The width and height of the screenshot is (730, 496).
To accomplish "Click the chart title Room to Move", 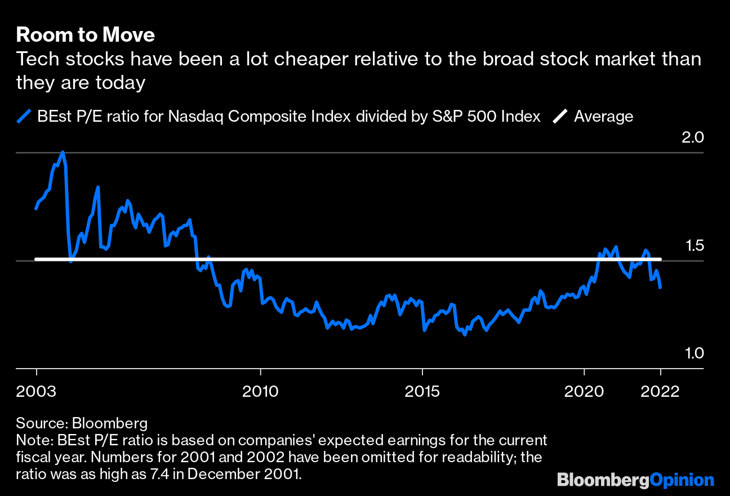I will coord(85,35).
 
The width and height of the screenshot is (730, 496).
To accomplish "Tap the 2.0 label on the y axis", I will coord(693,137).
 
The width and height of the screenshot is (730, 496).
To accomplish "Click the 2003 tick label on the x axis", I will coord(37,392).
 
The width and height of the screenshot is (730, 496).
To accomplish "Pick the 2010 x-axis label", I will coord(260,392).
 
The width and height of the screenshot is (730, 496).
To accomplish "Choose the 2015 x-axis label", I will coord(422,392).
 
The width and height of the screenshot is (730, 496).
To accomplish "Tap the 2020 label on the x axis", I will coord(584,392).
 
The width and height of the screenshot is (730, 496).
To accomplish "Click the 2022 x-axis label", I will coord(661,392).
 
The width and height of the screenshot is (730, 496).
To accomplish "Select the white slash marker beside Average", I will coord(560,117).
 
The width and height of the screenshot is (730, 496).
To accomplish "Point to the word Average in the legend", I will coord(603,117).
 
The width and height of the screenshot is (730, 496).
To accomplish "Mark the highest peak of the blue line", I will coord(62,152).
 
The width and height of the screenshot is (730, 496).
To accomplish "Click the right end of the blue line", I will coord(660,287).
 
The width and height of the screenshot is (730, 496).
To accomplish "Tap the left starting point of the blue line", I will coord(37,208).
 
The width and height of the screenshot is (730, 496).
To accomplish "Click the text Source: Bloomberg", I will coord(82,423).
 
